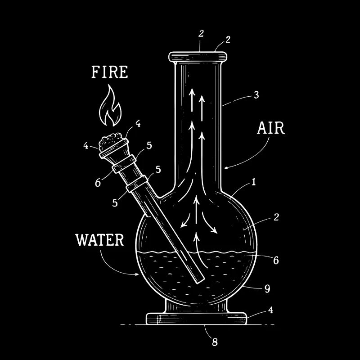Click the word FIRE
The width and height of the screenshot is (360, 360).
pos(109,72)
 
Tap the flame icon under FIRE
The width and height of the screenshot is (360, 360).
pos(110,107)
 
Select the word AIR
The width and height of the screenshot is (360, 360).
pos(271,128)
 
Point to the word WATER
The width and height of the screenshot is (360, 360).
pos(99,240)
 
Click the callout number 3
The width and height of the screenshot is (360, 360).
pos(256,95)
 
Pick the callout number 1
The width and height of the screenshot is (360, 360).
pos(253,182)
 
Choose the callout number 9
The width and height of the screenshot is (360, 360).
pos(267,288)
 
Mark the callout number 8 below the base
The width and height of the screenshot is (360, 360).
pos(215,342)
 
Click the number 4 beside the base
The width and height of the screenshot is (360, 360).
pos(270,310)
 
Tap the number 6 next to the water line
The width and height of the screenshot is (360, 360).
pos(276,260)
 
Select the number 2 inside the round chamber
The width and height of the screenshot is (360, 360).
pos(276,217)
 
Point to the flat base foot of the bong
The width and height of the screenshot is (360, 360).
pos(197,319)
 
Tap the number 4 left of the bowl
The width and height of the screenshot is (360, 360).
pos(85,145)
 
